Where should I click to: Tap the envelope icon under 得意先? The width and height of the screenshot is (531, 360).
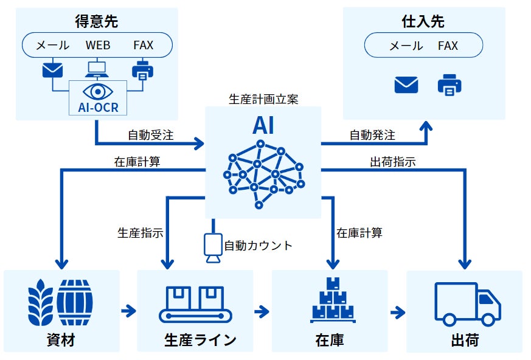(x=52, y=70)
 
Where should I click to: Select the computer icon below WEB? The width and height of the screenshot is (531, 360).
(x=97, y=68)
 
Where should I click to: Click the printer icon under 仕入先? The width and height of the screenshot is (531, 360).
(x=449, y=85)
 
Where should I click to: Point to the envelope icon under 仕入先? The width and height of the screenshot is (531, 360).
(x=406, y=85)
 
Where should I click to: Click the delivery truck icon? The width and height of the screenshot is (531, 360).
(x=467, y=303)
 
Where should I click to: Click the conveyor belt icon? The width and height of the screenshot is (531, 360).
(x=195, y=303)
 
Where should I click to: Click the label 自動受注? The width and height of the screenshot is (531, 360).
(x=151, y=135)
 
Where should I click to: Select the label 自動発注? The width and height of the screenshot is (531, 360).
(x=372, y=135)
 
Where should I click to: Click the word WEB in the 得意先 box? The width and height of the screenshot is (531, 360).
(x=98, y=46)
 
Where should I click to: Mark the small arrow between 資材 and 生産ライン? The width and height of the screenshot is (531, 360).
(x=128, y=312)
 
